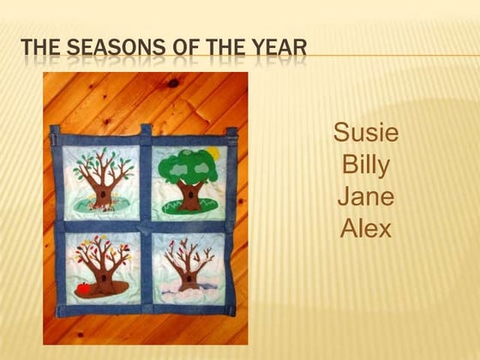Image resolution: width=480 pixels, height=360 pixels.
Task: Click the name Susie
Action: click(366, 133)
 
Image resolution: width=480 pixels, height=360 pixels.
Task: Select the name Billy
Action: click(366, 165)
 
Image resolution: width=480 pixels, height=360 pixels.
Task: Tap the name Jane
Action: click(366, 196)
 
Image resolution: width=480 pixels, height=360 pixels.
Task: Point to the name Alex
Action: click(366, 228)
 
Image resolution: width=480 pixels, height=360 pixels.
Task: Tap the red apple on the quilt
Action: click(84, 289)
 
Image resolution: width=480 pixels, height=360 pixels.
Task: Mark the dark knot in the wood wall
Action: click(176, 83)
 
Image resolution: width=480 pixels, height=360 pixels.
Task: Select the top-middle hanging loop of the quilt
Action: click(147, 132)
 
